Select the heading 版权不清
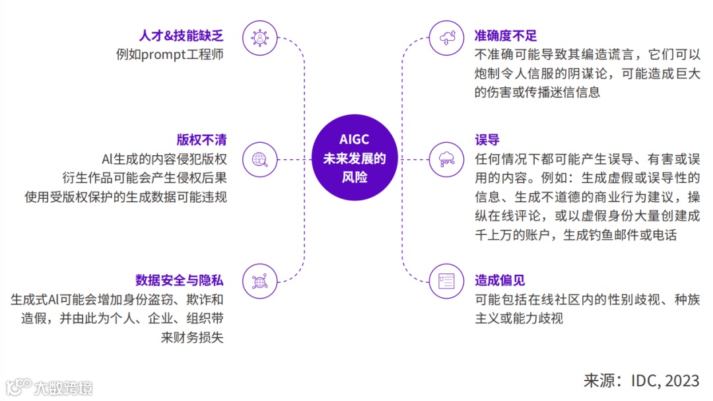click(201, 139)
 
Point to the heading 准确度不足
click(506, 35)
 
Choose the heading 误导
click(487, 139)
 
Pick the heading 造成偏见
click(500, 280)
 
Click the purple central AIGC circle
click(355, 159)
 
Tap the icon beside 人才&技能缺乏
click(259, 37)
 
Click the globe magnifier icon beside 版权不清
click(259, 159)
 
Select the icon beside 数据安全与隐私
click(259, 280)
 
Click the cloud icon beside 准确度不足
click(447, 37)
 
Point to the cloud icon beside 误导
click(447, 159)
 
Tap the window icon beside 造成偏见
click(447, 280)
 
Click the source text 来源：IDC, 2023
click(640, 381)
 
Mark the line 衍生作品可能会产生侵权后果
click(143, 178)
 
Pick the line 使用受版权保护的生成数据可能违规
click(125, 197)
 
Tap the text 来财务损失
click(192, 337)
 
